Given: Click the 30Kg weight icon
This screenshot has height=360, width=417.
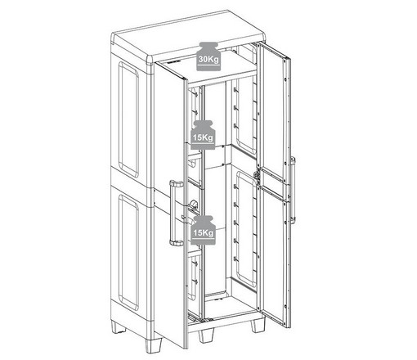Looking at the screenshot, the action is (208, 56).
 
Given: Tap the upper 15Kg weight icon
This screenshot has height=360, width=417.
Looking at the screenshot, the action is (203, 135).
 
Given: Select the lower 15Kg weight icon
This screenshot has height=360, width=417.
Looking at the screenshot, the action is (204, 230).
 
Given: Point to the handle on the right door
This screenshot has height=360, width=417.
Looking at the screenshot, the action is (293, 190).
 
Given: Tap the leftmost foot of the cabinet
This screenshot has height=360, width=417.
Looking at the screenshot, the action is (119, 327).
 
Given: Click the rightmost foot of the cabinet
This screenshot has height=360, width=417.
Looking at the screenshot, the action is (258, 326).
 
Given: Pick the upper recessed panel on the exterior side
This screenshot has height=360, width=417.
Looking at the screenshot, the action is (128, 119).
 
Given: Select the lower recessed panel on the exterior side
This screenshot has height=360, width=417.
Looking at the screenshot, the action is (128, 252).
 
